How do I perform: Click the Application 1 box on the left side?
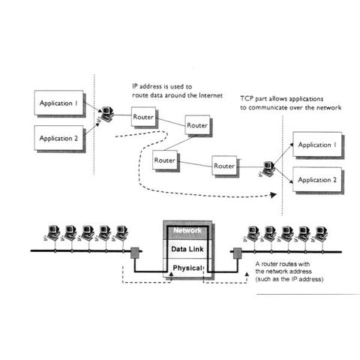click(x=58, y=103)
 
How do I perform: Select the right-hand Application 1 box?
click(x=317, y=145)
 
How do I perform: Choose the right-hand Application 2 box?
click(x=317, y=180)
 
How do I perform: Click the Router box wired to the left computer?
click(x=143, y=117)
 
